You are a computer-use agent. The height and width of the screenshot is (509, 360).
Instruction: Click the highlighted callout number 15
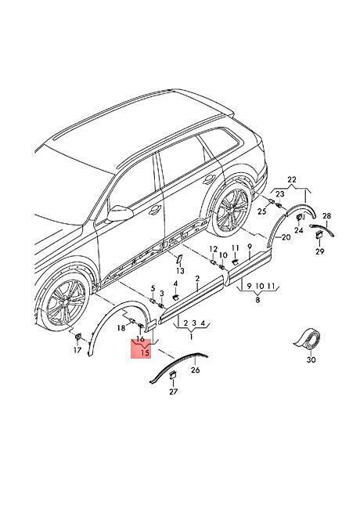(x=146, y=353)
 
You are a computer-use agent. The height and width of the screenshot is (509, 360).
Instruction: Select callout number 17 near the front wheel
(x=77, y=350)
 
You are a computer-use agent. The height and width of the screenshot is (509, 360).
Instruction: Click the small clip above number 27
(x=173, y=376)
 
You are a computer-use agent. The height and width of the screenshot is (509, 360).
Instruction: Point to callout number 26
(x=196, y=370)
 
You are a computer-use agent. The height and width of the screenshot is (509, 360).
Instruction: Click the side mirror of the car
(x=120, y=215)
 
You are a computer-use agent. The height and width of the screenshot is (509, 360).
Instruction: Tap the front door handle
(x=155, y=210)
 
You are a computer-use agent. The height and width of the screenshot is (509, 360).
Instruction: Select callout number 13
(x=180, y=270)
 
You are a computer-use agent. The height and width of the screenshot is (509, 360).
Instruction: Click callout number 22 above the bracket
(x=292, y=179)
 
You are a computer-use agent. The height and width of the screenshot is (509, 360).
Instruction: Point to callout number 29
(x=320, y=251)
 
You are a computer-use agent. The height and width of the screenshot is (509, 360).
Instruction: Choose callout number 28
(x=326, y=216)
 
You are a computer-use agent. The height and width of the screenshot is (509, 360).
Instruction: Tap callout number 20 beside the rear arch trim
(x=286, y=237)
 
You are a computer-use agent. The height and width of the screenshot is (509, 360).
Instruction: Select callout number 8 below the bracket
(x=257, y=300)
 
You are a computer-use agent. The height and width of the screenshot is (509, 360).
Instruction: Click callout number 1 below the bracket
(x=191, y=337)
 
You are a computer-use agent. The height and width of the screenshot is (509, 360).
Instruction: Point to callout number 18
(x=121, y=328)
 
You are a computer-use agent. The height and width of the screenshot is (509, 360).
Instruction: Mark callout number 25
(x=261, y=211)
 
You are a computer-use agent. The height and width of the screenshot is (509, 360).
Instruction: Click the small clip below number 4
(x=175, y=296)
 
